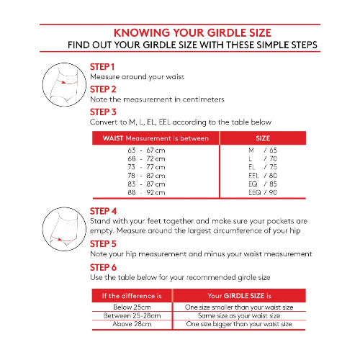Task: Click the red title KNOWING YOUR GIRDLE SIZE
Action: click(192, 33)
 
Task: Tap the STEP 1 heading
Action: click(102, 67)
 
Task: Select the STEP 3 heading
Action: click(103, 112)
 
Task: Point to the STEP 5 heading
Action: click(103, 244)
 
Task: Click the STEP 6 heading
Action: click(103, 267)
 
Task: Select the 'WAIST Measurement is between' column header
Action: click(156, 138)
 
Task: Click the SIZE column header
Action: click(263, 138)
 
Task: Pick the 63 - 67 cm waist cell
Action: click(146, 150)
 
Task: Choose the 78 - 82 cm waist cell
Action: click(146, 176)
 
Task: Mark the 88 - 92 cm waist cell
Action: click(146, 192)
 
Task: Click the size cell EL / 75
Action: click(263, 167)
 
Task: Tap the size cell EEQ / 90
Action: click(263, 192)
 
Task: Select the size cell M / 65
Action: click(263, 150)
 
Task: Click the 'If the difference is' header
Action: click(132, 296)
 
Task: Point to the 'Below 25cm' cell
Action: click(132, 307)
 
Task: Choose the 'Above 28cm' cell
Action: click(132, 324)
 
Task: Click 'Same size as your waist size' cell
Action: click(239, 316)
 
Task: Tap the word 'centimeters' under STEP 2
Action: click(203, 99)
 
